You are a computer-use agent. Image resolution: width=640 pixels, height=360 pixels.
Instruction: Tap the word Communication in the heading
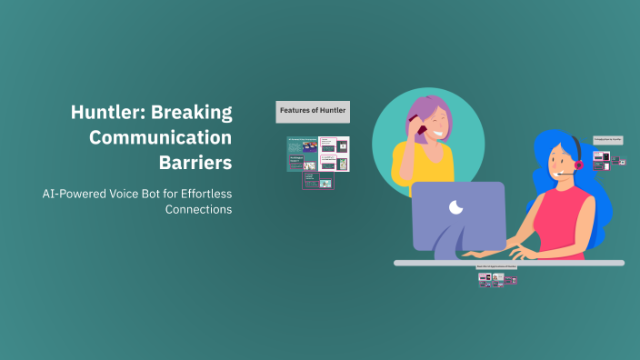click(x=170, y=138)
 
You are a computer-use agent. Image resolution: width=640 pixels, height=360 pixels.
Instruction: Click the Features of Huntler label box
click(x=314, y=111)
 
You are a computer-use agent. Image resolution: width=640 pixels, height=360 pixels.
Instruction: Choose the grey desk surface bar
click(x=508, y=263)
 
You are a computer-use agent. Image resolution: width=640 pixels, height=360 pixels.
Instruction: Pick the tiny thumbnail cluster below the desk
click(x=496, y=279)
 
